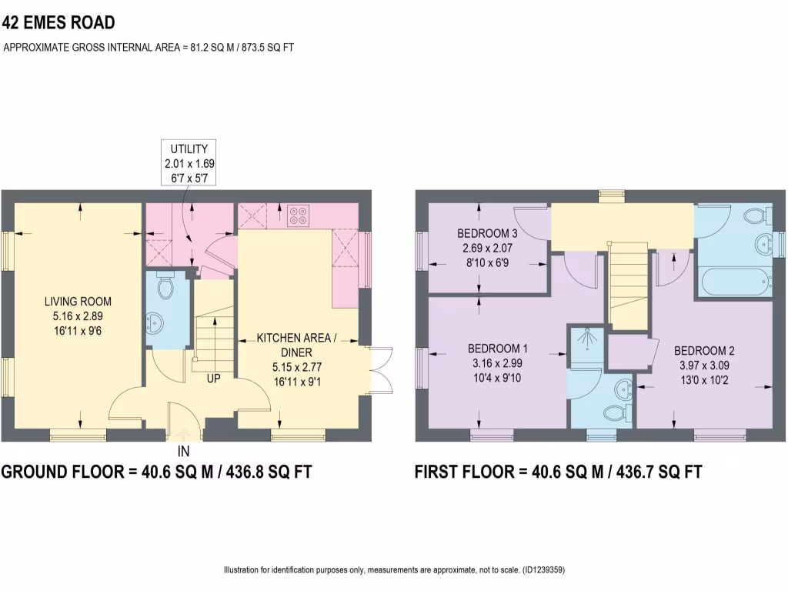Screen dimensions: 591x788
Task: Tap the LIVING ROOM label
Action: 78,301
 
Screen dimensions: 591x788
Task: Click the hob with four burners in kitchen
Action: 299,214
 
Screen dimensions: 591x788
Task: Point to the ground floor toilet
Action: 164,286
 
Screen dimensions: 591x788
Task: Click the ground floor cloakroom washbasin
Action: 154,322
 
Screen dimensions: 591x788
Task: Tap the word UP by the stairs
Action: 213,379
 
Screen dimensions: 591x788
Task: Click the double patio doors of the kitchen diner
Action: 378,372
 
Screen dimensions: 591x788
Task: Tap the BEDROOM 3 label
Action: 486,234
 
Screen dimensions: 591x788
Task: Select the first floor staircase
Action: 626,285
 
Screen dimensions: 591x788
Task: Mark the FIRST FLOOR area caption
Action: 558,472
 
